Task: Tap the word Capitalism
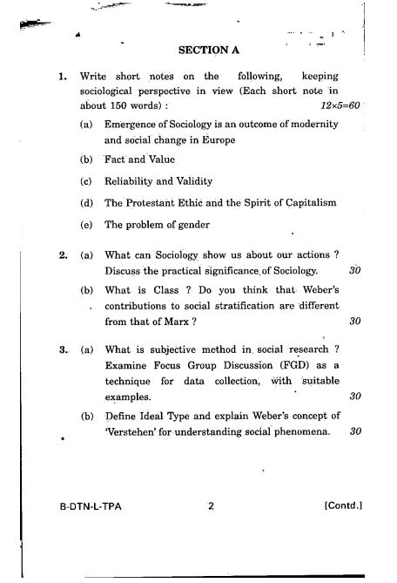300,202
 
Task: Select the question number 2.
64,254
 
